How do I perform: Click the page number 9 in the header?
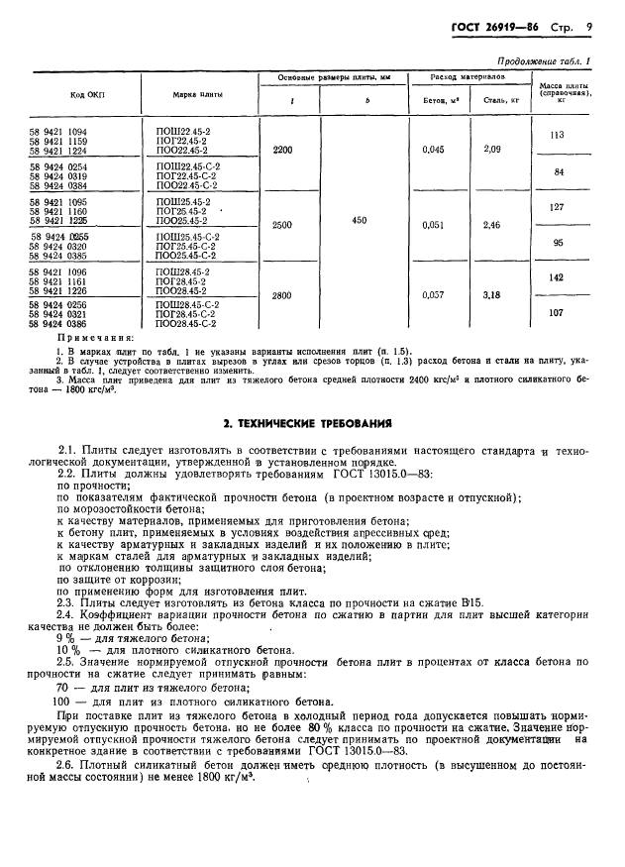point(588,28)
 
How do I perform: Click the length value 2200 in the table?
point(282,150)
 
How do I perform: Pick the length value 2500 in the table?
point(282,225)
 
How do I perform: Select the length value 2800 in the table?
point(282,295)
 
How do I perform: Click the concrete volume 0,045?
point(434,150)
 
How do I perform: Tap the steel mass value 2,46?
point(492,225)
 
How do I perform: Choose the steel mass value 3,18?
point(492,295)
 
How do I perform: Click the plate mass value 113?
point(556,135)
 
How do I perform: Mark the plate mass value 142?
point(556,278)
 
